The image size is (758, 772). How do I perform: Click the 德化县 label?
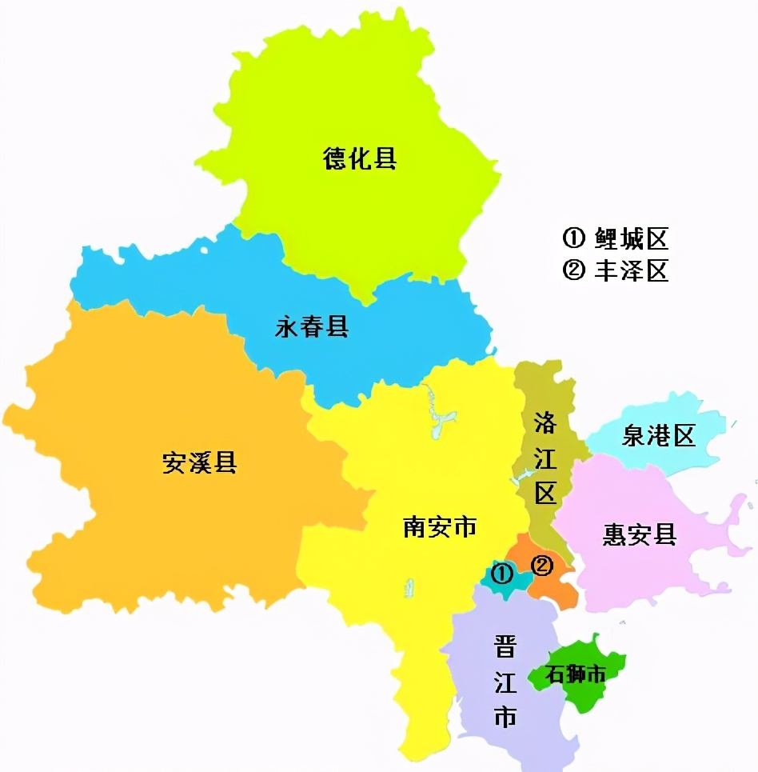(360, 158)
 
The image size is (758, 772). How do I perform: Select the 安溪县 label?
(200, 462)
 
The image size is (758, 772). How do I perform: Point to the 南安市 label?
(440, 526)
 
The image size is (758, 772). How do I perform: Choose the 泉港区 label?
(659, 436)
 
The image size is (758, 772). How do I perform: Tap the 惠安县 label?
(640, 534)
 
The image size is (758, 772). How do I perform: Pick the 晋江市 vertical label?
(505, 681)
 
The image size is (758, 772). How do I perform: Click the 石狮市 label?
(576, 674)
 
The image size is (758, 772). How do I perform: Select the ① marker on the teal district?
(502, 573)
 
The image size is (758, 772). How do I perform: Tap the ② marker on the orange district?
(542, 565)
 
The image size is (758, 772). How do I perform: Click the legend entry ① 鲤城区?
(616, 238)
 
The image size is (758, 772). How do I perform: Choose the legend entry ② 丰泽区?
(616, 270)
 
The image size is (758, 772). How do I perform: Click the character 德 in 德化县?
(335, 158)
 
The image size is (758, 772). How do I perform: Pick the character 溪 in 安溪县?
(200, 462)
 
